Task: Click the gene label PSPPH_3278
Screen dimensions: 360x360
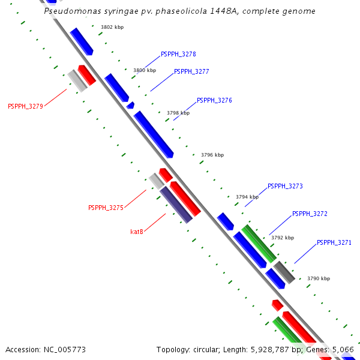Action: point(178,55)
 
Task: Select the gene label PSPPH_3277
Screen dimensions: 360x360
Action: point(191,72)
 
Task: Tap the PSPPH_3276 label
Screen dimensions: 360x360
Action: point(214,101)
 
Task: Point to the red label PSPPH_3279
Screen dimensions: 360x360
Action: point(25,107)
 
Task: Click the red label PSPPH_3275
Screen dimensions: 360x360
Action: point(106,208)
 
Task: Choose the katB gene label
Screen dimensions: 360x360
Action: point(137,232)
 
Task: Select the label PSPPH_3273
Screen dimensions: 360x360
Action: point(285,187)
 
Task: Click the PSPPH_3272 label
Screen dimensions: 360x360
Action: point(310,214)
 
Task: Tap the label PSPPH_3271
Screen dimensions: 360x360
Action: point(334,243)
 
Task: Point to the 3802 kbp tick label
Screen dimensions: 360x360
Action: point(112,28)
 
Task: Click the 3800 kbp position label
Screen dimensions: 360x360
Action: point(145,71)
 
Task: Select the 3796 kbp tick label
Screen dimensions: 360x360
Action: point(212,155)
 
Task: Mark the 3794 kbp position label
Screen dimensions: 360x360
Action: point(247,197)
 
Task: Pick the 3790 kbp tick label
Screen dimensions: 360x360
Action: point(319,279)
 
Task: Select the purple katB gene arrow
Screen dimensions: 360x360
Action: point(176,205)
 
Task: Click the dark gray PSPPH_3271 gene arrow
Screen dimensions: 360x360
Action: point(284,272)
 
